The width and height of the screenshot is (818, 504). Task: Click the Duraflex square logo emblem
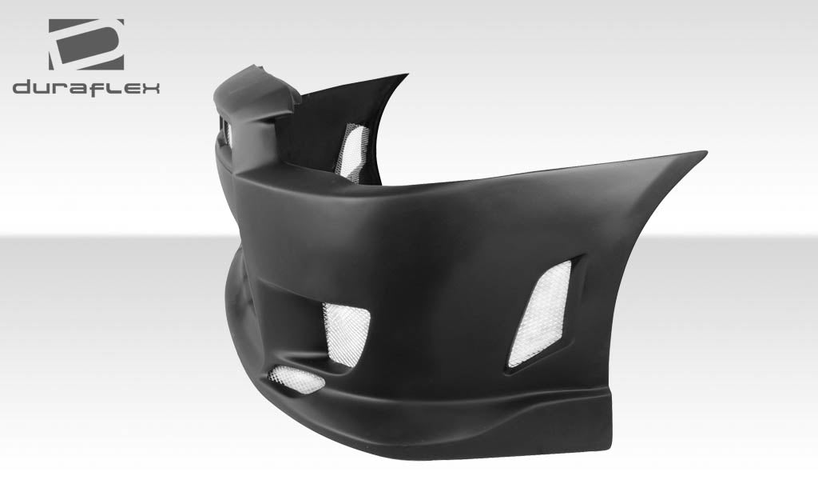[86, 43]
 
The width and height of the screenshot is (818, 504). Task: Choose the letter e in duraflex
[130, 88]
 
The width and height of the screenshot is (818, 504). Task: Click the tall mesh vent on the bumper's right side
[541, 313]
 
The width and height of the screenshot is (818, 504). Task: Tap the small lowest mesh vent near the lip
[296, 378]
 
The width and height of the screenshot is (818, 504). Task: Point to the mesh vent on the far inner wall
[352, 150]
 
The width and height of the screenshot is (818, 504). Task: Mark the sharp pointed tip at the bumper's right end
[703, 153]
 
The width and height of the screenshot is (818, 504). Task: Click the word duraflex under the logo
[86, 87]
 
